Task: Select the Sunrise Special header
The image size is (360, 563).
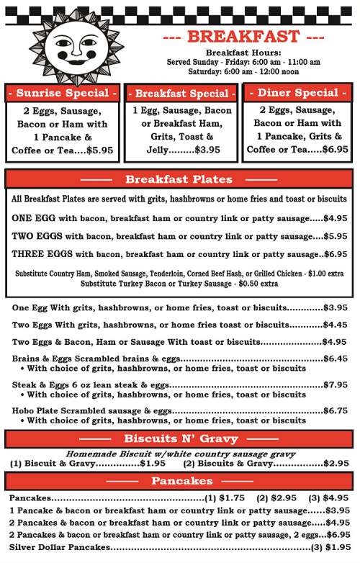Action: coord(62,94)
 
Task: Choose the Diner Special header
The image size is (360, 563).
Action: coord(297,93)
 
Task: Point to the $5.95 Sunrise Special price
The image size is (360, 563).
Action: coord(100,150)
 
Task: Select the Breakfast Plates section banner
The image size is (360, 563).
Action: coord(179,179)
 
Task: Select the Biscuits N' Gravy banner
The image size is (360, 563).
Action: coord(178,438)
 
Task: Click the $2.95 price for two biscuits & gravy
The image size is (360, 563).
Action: coord(336,463)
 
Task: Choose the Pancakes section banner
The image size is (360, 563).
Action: coord(178,481)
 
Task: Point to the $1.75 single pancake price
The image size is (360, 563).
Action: coord(233,497)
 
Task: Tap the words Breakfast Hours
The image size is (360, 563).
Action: coord(243,53)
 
